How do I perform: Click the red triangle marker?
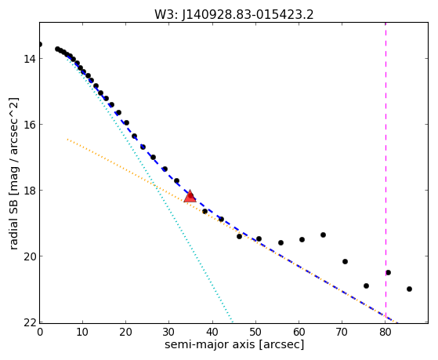tap(190, 196)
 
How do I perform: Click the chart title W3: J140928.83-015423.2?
tap(234, 15)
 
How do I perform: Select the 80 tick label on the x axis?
tap(386, 332)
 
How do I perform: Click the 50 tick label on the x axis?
tap(255, 332)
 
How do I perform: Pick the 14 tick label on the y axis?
tap(30, 59)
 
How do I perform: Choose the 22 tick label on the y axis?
tap(30, 322)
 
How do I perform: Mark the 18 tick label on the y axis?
tap(30, 191)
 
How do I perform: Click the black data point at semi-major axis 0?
tap(40, 44)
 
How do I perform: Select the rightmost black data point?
tap(409, 289)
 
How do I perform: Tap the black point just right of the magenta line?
tap(388, 272)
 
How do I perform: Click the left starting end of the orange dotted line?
tap(67, 139)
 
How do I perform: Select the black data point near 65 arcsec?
tap(323, 235)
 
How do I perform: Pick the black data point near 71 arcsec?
tap(345, 261)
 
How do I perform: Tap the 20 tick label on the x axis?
tap(125, 332)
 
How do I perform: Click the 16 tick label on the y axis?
tap(30, 124)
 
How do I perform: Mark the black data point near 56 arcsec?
tap(281, 243)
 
